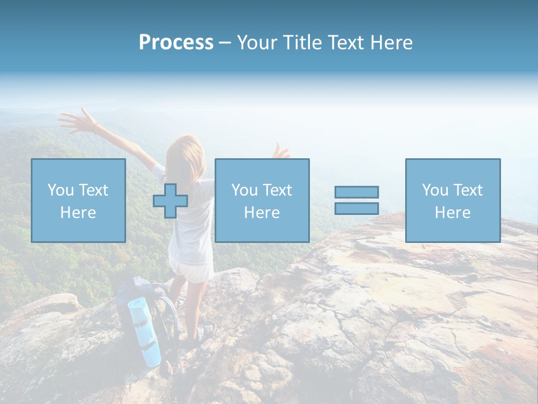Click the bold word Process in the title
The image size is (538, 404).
(x=176, y=43)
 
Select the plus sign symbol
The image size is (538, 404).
(x=170, y=200)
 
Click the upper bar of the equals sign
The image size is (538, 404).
(x=356, y=192)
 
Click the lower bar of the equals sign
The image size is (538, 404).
(x=356, y=208)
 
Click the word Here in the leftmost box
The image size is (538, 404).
(x=78, y=213)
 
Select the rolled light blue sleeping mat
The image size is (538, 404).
(x=145, y=331)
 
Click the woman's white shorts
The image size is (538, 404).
(x=191, y=270)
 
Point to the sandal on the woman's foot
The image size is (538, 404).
(x=204, y=332)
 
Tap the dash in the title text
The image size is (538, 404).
(x=225, y=43)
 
